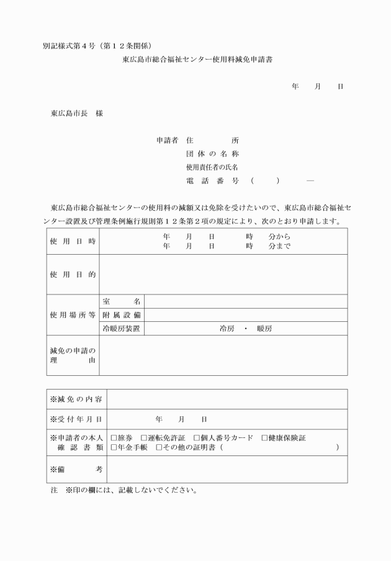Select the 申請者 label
click(168, 141)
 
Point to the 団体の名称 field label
click(212, 154)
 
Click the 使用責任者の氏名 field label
click(212, 167)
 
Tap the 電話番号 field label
click(212, 181)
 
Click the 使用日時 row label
click(73, 241)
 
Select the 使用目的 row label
click(73, 274)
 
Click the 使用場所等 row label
click(73, 314)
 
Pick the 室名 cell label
click(122, 301)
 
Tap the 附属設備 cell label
click(122, 314)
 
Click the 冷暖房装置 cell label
click(122, 328)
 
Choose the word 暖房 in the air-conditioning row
click(264, 328)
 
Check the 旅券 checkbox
click(114, 438)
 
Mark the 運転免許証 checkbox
click(144, 438)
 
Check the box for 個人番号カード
click(197, 438)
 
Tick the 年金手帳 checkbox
click(114, 447)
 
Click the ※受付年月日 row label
click(76, 419)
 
